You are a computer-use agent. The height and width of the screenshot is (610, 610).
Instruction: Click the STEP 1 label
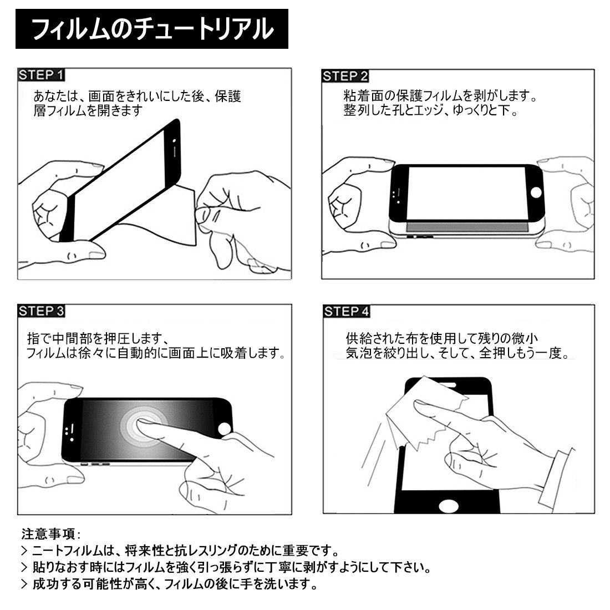(x=41, y=75)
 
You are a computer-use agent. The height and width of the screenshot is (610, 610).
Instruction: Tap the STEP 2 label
(x=345, y=76)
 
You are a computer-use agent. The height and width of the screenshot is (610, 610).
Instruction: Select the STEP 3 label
(x=41, y=311)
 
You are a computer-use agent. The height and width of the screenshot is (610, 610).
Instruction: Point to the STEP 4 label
(x=346, y=311)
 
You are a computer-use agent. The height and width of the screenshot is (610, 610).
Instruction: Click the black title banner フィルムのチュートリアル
(x=152, y=29)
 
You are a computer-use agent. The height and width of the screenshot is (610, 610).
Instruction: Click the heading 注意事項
(x=48, y=533)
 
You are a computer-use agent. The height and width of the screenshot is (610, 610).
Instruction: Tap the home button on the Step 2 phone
(x=536, y=192)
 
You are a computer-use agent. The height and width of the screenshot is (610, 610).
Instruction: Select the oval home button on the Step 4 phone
(x=449, y=506)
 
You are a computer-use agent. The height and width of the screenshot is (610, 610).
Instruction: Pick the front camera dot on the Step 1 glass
(x=174, y=140)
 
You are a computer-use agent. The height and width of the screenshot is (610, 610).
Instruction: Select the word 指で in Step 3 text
(x=39, y=338)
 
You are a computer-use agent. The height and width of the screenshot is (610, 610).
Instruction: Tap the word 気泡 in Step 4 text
(x=359, y=353)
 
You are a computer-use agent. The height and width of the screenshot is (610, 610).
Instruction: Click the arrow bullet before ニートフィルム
(x=24, y=551)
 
